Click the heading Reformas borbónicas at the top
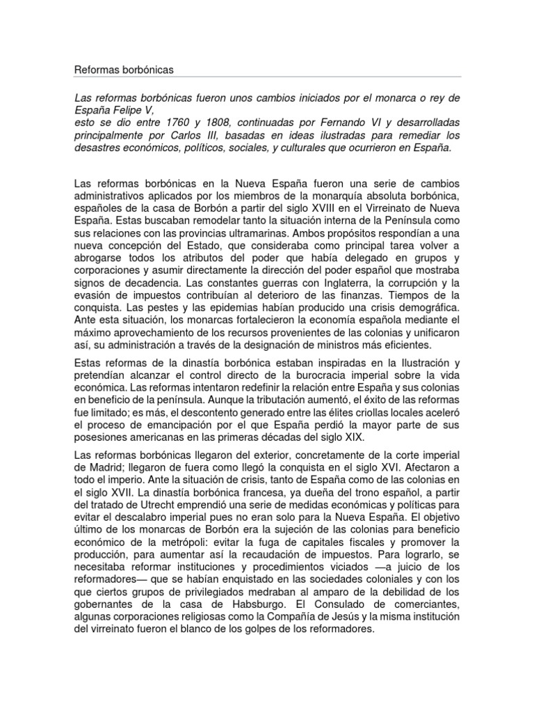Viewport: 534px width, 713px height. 123,70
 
